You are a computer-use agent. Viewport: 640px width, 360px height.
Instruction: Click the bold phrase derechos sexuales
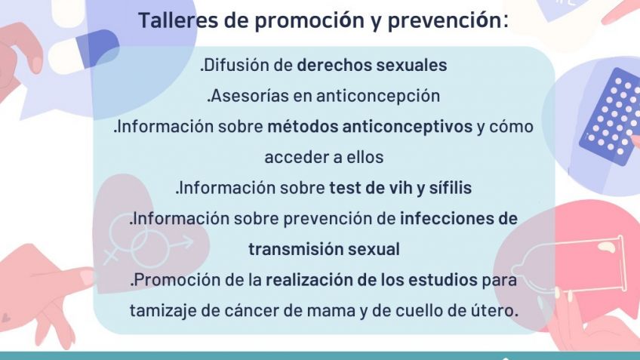pyautogui.click(x=371, y=66)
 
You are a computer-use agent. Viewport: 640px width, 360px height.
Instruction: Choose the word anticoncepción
pyautogui.click(x=378, y=97)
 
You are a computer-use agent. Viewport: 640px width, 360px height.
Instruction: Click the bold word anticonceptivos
pyautogui.click(x=407, y=127)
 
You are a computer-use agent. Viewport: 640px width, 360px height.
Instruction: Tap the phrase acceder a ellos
pyautogui.click(x=324, y=157)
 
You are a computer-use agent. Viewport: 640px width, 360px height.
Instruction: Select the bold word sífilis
pyautogui.click(x=451, y=188)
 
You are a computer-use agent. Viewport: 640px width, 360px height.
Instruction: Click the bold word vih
pyautogui.click(x=398, y=188)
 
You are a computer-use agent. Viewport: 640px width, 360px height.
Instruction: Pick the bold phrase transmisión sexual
pyautogui.click(x=324, y=249)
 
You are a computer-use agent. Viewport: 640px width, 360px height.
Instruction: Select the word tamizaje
pyautogui.click(x=162, y=311)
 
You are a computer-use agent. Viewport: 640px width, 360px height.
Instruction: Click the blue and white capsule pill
pyautogui.click(x=84, y=52)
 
